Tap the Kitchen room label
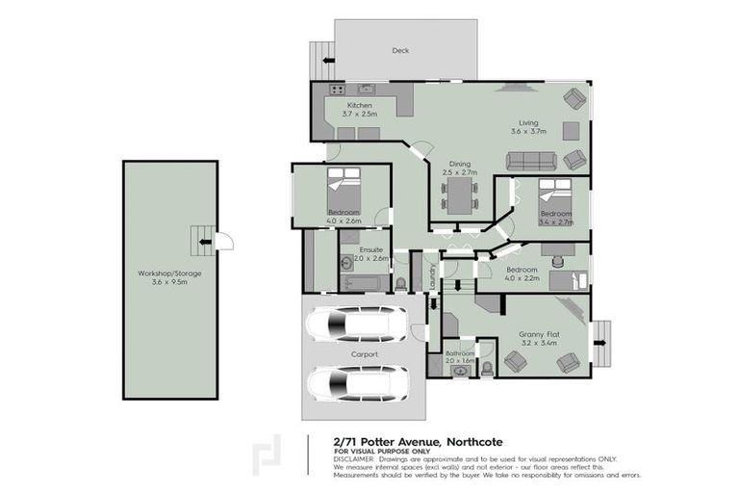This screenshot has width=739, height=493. point(360,105)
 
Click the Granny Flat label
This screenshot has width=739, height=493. point(538,333)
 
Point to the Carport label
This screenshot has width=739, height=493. point(365,354)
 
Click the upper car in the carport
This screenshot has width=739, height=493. point(357,324)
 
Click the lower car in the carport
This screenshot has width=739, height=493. point(357,383)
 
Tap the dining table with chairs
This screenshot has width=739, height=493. point(459,196)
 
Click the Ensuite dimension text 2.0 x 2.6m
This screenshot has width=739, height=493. point(370,258)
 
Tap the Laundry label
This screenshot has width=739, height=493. point(433,275)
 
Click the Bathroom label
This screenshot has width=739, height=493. point(461,353)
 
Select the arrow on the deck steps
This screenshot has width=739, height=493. point(328,61)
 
